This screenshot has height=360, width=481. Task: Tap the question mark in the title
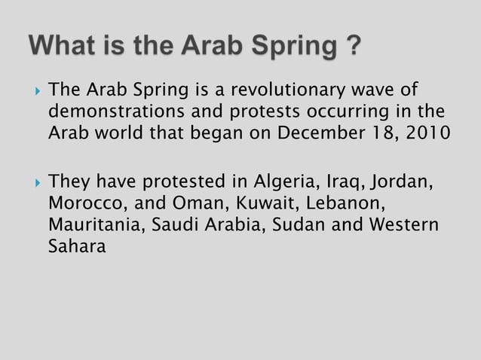(351, 47)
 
